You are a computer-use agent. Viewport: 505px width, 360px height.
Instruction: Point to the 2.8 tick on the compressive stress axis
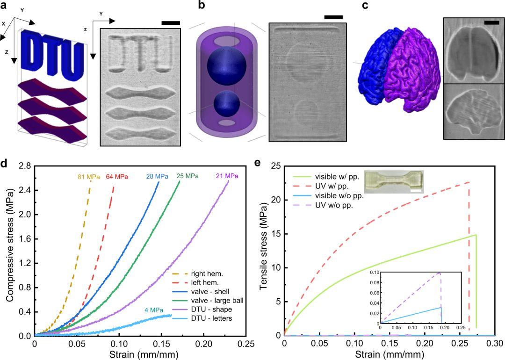tap(24, 166)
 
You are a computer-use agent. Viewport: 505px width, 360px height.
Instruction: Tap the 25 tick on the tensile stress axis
tap(275, 166)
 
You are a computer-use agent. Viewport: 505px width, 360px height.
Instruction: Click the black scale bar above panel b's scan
tap(333, 17)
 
